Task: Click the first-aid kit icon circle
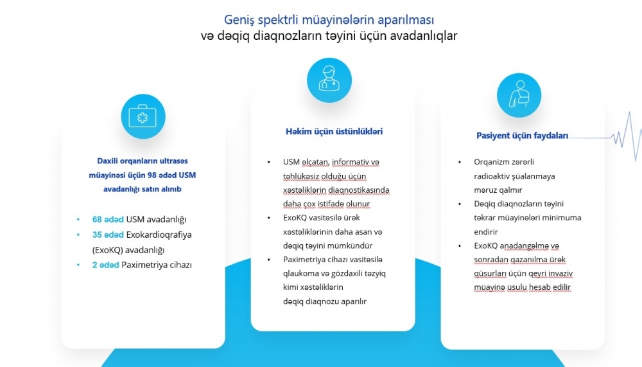click(x=143, y=116)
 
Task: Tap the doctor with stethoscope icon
click(x=329, y=80)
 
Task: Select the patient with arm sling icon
click(x=519, y=96)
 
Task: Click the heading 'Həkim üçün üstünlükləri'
click(x=334, y=132)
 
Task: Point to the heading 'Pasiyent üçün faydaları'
click(x=522, y=136)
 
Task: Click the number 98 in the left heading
click(x=152, y=175)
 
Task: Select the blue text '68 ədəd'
click(x=108, y=219)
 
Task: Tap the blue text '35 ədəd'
click(x=108, y=235)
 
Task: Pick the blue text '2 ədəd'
click(x=106, y=265)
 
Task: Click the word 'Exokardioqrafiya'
click(x=159, y=235)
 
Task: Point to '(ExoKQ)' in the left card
click(x=108, y=250)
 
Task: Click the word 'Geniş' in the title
click(x=239, y=20)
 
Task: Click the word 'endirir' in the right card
click(x=486, y=231)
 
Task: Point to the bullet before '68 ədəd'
click(x=78, y=220)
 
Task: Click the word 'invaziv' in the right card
click(x=559, y=274)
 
